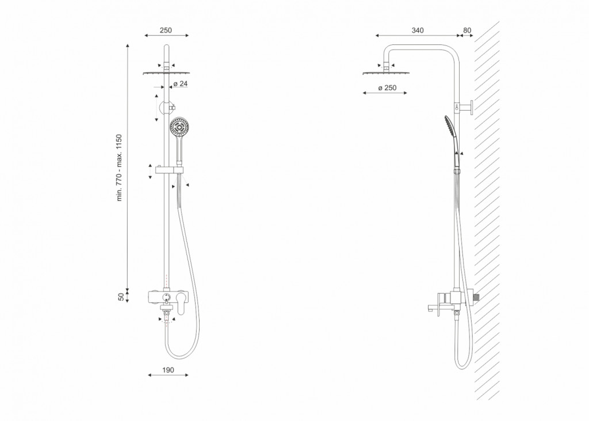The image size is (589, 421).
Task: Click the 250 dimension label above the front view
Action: click(166, 30)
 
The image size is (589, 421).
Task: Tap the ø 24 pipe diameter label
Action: click(181, 84)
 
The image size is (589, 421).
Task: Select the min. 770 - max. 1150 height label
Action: click(120, 168)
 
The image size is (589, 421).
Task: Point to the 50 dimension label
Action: click(121, 297)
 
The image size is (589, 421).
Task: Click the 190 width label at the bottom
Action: click(168, 370)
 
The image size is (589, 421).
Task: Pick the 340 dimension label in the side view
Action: click(418, 30)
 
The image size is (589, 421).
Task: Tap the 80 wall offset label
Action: click(467, 30)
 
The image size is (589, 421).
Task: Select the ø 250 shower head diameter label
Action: click(387, 88)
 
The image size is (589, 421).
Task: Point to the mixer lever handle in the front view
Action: click(181, 304)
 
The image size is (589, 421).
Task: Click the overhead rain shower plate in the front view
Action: click(166, 73)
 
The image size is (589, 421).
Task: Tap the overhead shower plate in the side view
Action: click(386, 73)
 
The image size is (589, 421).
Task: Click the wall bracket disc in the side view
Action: click(471, 108)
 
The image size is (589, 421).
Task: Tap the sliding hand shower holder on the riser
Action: click(170, 170)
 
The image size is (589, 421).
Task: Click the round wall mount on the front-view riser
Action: click(167, 108)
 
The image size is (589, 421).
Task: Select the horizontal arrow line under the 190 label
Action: click(168, 375)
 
